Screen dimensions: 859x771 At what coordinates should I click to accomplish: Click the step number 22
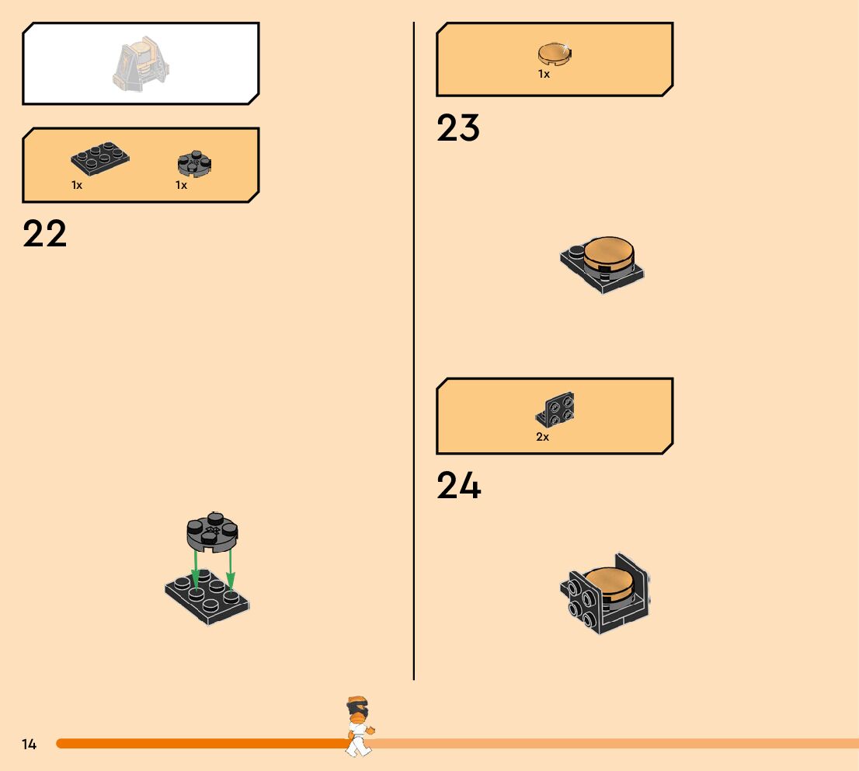point(45,234)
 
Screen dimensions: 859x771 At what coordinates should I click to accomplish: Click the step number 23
point(458,128)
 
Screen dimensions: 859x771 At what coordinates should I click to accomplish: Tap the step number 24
point(458,487)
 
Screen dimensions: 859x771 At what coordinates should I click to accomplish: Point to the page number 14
point(30,745)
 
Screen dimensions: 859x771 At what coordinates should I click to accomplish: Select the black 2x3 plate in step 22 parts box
point(100,159)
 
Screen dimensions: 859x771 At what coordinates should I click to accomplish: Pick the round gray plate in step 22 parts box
point(194,163)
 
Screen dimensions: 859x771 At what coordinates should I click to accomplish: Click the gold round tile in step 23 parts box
point(555,54)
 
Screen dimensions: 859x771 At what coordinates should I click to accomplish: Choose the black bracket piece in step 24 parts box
point(556,410)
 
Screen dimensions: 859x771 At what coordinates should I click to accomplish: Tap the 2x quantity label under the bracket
point(543,437)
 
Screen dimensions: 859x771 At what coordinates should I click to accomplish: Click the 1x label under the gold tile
point(544,74)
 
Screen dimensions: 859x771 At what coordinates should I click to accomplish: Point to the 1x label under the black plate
point(77,186)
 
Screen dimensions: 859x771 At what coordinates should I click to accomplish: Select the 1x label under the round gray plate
point(181,186)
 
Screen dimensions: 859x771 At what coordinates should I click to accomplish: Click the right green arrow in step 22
point(230,570)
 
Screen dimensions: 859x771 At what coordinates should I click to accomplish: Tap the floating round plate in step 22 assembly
point(212,532)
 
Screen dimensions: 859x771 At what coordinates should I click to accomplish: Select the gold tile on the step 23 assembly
point(609,252)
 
